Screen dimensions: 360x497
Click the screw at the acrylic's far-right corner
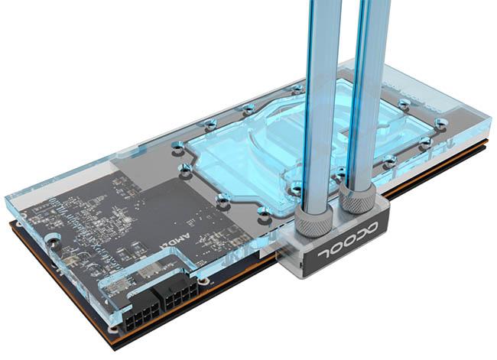(x=440, y=122)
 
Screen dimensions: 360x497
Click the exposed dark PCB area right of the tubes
(x=428, y=164)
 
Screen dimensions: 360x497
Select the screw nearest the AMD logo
(x=223, y=199)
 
